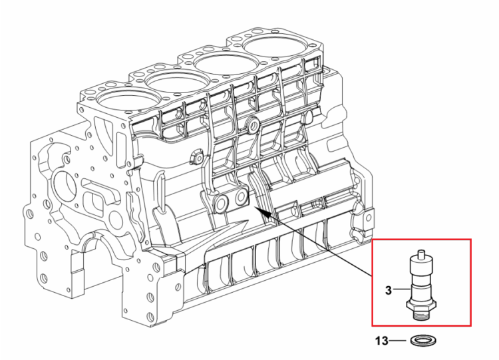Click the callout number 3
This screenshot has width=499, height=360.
389,290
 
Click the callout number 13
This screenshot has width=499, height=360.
382,341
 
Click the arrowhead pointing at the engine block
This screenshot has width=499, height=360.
262,212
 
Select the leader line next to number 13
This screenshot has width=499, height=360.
398,341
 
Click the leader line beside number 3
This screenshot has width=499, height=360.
401,289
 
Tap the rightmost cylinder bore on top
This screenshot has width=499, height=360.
273,49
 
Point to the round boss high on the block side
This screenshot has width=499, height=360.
253,126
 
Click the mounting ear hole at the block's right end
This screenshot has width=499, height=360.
367,218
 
